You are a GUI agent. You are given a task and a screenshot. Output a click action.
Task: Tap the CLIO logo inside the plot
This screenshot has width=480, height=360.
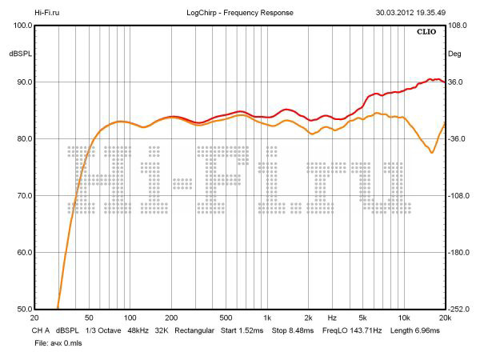pyautogui.click(x=427, y=33)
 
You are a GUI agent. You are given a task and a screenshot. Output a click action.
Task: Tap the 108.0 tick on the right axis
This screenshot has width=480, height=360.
pyautogui.click(x=458, y=26)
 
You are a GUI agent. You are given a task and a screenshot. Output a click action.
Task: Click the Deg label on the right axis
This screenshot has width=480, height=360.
pyautogui.click(x=454, y=54)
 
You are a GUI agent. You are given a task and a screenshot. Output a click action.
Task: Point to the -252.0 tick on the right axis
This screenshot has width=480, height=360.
pyautogui.click(x=460, y=310)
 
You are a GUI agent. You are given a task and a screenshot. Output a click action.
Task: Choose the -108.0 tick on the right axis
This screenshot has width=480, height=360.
pyautogui.click(x=460, y=196)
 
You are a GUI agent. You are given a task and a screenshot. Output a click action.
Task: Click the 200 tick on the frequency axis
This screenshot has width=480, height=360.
pyautogui.click(x=170, y=318)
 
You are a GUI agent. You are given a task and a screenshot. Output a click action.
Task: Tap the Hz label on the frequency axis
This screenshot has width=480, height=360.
pyautogui.click(x=331, y=318)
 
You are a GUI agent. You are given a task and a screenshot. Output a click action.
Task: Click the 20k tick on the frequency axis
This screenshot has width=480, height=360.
pyautogui.click(x=445, y=318)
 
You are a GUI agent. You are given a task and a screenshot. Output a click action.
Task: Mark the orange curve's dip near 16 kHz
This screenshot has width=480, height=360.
pyautogui.click(x=432, y=152)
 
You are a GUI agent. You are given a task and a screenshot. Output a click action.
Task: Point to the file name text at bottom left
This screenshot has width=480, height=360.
pyautogui.click(x=58, y=342)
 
